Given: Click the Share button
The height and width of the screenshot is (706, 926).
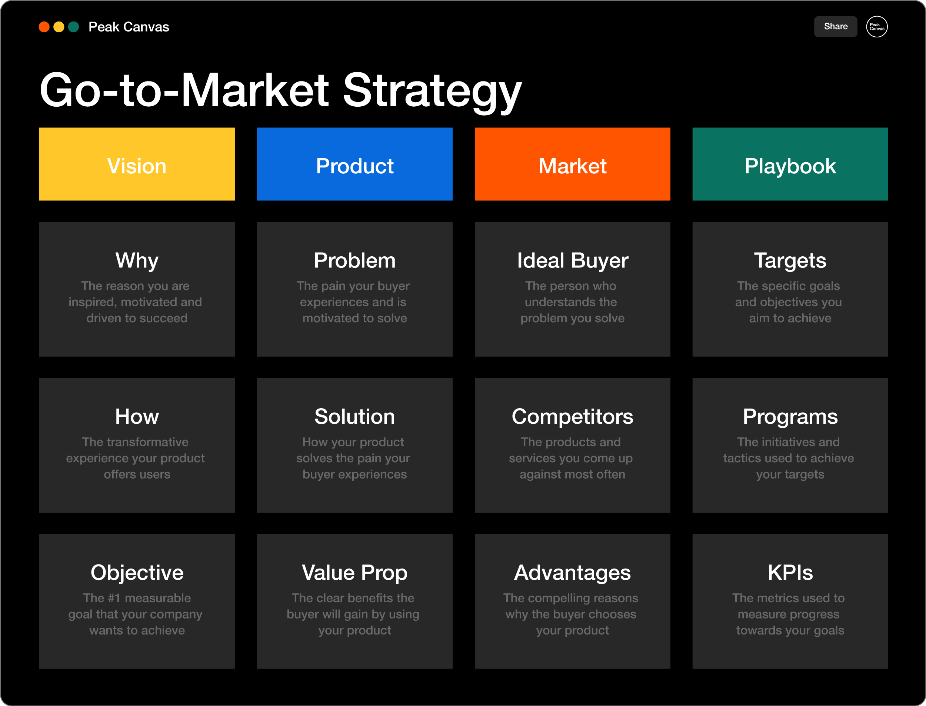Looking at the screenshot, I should (x=835, y=26).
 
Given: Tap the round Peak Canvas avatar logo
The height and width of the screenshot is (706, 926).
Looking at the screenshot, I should (x=877, y=26).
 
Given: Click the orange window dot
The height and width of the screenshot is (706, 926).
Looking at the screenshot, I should (x=44, y=27).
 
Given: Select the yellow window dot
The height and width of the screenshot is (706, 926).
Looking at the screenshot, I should (x=59, y=27).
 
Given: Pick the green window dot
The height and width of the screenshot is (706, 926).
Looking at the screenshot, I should (x=74, y=27).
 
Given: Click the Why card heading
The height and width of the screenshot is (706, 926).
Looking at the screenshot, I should (x=137, y=260).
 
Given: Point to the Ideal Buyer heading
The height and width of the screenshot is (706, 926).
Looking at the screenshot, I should (x=572, y=260).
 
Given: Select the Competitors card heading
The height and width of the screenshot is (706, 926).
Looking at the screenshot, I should (x=572, y=416).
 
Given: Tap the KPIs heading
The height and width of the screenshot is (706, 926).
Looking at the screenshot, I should (x=790, y=572).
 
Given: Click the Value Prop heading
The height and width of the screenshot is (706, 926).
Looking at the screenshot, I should (x=354, y=572).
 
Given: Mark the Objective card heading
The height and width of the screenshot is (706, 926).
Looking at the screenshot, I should (x=137, y=572).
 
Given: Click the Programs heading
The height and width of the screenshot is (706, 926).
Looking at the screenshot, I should (x=790, y=416).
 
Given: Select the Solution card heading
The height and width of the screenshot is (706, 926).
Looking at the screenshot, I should (x=354, y=416).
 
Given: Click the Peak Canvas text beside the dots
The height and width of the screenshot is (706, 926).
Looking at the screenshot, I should (x=129, y=27).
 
